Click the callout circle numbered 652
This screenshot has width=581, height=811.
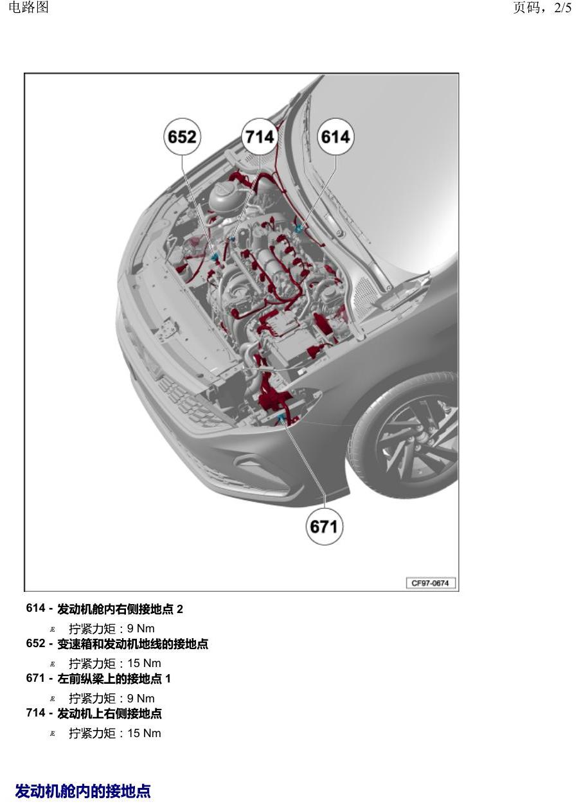tap(182, 137)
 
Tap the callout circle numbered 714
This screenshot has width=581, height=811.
tap(260, 137)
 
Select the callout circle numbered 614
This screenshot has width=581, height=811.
tap(335, 137)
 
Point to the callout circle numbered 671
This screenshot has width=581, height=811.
tap(324, 526)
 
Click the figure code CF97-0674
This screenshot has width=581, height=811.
tap(430, 583)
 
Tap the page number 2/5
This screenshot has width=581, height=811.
tap(562, 8)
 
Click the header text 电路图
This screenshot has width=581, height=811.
tap(28, 7)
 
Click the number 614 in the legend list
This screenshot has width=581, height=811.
tap(35, 608)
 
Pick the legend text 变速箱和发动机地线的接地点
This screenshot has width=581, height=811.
tap(133, 643)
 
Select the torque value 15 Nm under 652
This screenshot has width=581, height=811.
tap(144, 663)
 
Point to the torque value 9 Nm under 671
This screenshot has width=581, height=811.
tap(141, 699)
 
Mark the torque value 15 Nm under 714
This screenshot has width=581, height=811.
tap(144, 733)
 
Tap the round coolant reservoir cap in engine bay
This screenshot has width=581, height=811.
tap(224, 190)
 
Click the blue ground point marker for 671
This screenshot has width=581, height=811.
tap(282, 420)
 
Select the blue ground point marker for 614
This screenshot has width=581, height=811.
tap(299, 227)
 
